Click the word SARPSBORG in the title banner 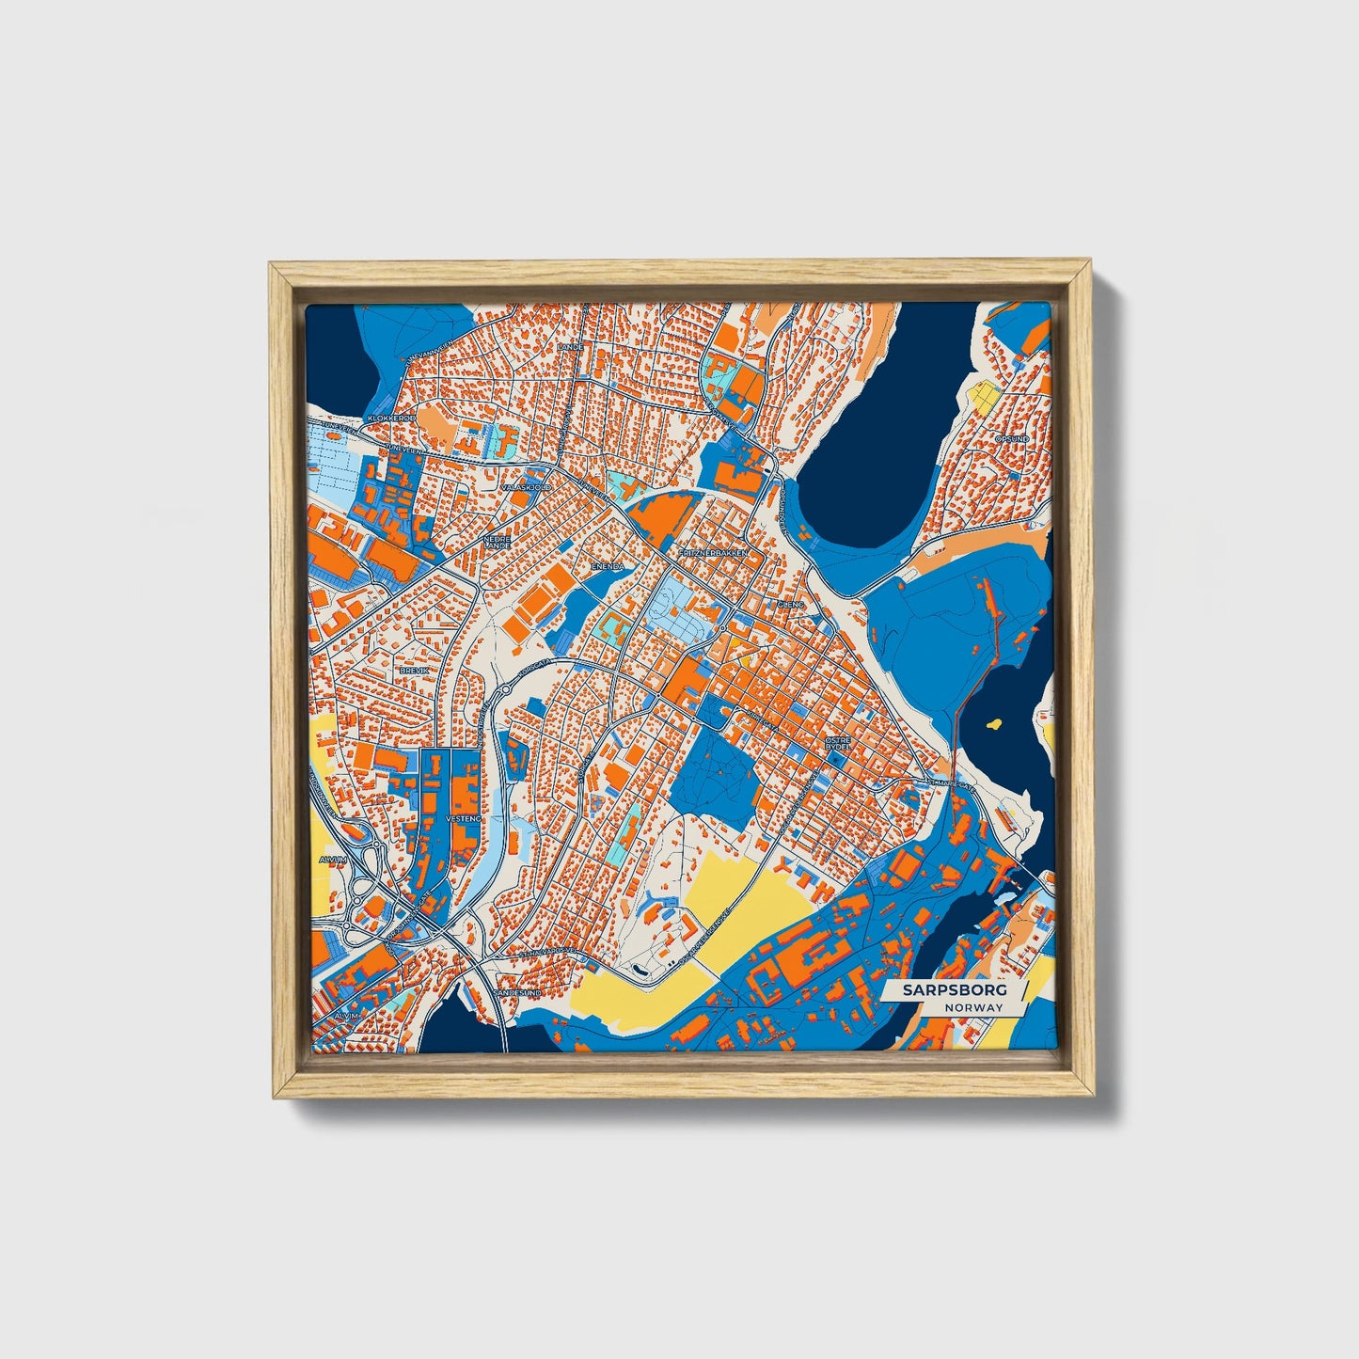tap(954, 990)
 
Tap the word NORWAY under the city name tap(975, 1007)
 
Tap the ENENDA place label tap(608, 567)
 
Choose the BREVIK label tap(414, 670)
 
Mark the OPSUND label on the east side tap(1011, 439)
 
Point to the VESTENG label tap(463, 819)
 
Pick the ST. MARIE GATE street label tap(953, 782)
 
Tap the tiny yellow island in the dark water tap(993, 724)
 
